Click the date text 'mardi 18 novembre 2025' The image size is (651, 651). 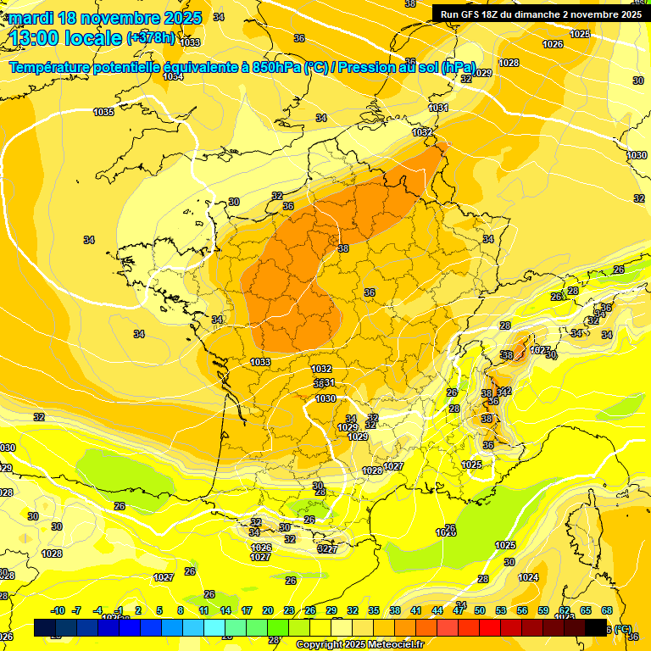[x=105, y=18]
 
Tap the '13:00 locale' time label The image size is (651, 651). [x=66, y=38]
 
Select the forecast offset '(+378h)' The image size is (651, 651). [x=151, y=38]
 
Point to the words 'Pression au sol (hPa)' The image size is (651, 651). [x=407, y=68]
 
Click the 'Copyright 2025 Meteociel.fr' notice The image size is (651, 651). [x=359, y=644]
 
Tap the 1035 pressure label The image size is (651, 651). [x=103, y=112]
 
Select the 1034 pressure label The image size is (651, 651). [x=173, y=76]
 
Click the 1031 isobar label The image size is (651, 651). [x=438, y=108]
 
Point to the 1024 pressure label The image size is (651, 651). [x=528, y=577]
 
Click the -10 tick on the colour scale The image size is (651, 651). [x=58, y=610]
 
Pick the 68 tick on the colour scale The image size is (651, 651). [x=607, y=610]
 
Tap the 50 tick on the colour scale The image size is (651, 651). [x=480, y=610]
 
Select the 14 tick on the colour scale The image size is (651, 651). [x=225, y=610]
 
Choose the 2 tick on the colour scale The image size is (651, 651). [x=137, y=610]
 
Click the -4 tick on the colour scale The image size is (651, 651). [x=97, y=610]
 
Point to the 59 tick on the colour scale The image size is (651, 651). [x=543, y=610]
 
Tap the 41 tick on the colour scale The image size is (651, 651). [x=416, y=610]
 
